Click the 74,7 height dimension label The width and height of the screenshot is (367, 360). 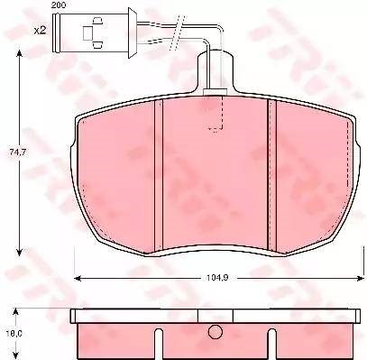tap(18, 152)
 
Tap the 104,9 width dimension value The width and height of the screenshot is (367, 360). tap(217, 278)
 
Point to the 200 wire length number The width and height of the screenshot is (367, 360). tap(59, 5)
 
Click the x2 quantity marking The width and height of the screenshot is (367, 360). tap(40, 31)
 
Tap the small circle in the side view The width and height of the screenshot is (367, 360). tap(216, 332)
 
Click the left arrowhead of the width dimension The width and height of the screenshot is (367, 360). tap(78, 279)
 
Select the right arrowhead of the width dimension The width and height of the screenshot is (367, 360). tap(361, 279)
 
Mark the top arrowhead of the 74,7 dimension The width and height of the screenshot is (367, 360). tap(19, 54)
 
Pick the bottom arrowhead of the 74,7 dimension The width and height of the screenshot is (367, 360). tap(19, 252)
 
